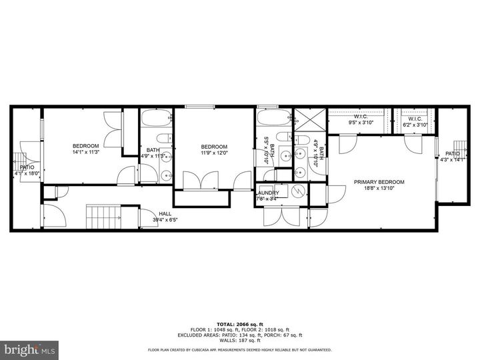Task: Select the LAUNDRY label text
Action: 268,193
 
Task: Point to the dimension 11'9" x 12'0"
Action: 214,153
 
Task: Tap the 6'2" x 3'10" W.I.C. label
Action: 418,125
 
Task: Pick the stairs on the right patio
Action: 459,147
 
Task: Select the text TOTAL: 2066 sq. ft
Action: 239,323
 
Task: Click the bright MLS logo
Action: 30,349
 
